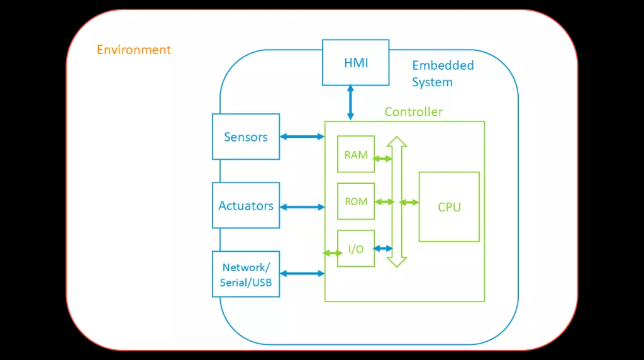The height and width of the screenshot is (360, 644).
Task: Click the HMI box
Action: click(356, 62)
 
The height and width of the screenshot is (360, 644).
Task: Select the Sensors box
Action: click(246, 137)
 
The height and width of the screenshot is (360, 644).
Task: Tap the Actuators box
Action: click(246, 205)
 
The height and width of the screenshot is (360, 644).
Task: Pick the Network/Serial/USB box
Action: click(246, 274)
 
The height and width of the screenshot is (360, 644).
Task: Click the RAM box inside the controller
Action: click(356, 154)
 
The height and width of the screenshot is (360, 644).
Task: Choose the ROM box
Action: click(356, 201)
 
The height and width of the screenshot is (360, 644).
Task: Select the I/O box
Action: click(356, 248)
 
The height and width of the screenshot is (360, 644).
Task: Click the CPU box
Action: click(449, 206)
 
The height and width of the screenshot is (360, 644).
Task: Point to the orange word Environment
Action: click(134, 50)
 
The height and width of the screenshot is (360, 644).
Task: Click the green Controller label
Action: click(414, 112)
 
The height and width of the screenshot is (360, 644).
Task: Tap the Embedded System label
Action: click(443, 74)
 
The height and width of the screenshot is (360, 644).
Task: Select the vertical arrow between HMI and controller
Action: click(350, 103)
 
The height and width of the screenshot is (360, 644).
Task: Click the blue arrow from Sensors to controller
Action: click(303, 137)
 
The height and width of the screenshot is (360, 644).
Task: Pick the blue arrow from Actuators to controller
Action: click(303, 207)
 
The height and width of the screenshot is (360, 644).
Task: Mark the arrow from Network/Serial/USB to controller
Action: click(303, 273)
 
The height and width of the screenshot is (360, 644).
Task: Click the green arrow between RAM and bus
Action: click(382, 159)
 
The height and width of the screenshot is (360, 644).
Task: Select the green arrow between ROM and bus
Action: click(384, 202)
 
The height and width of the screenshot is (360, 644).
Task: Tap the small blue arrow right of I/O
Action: click(383, 248)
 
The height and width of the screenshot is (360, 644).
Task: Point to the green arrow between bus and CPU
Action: click(409, 202)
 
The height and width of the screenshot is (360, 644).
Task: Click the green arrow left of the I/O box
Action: click(333, 253)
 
